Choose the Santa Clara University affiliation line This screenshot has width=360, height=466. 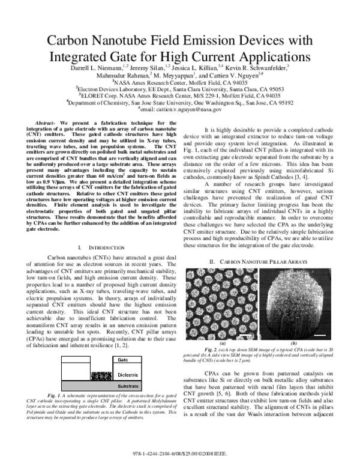[x=179, y=87]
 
